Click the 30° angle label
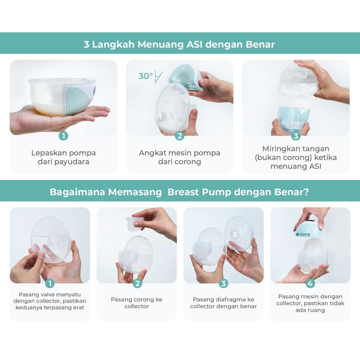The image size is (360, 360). [x=146, y=76]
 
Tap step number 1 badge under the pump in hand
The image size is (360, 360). [x=63, y=136]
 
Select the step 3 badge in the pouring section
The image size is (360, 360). [x=296, y=136]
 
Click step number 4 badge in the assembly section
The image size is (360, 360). [x=310, y=284]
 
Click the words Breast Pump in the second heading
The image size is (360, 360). [x=199, y=192]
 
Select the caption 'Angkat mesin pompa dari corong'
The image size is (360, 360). [x=180, y=157]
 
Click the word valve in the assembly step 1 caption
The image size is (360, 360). [x=46, y=294]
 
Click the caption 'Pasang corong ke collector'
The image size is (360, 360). [x=137, y=303]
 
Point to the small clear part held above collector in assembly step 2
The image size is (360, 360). [x=134, y=223]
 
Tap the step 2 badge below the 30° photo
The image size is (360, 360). [x=180, y=136]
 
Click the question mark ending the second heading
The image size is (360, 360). [x=306, y=192]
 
